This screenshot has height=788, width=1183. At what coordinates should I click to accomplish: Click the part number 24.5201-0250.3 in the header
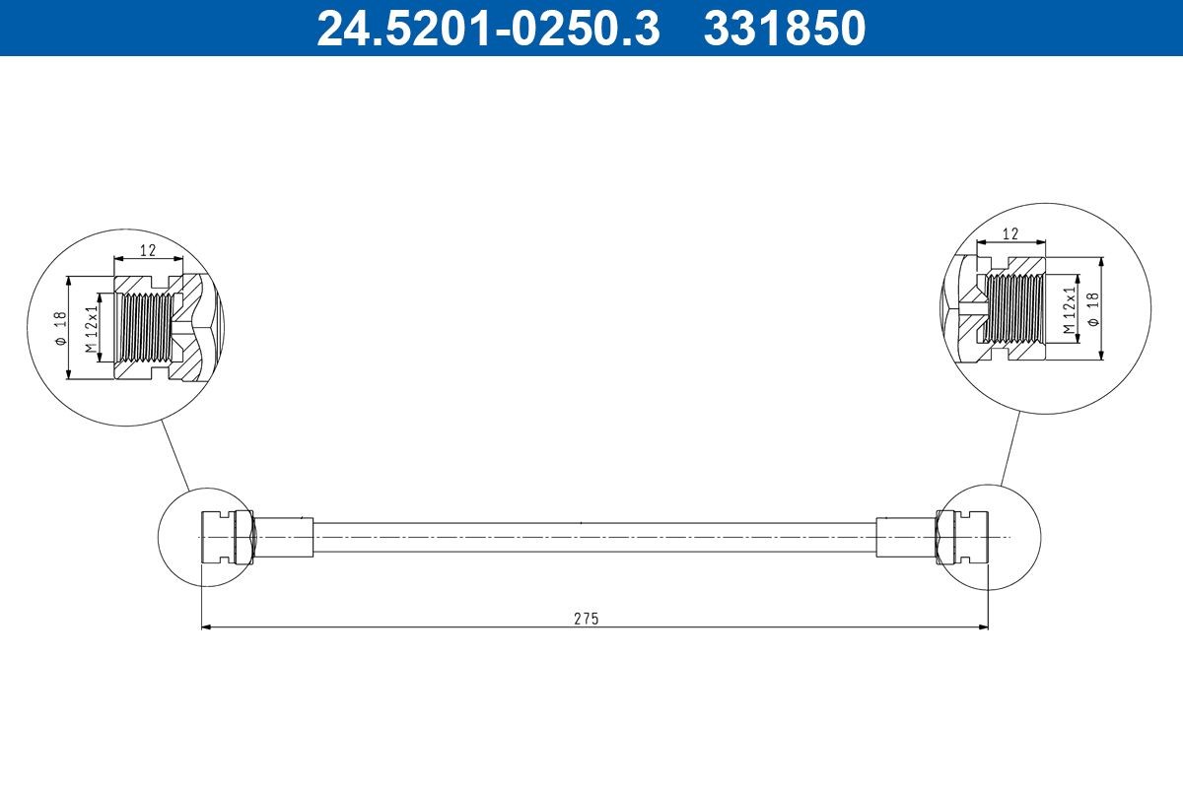pyautogui.click(x=487, y=29)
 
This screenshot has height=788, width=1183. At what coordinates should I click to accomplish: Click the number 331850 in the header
pyautogui.click(x=784, y=29)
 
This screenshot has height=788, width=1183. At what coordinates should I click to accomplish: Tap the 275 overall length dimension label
pyautogui.click(x=587, y=619)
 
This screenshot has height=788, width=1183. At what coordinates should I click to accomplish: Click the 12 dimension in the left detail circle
pyautogui.click(x=148, y=250)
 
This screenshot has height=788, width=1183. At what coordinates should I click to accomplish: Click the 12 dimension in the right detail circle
pyautogui.click(x=1009, y=234)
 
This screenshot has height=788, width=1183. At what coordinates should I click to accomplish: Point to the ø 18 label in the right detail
pyautogui.click(x=1093, y=309)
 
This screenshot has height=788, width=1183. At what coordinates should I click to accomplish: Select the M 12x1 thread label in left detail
pyautogui.click(x=91, y=329)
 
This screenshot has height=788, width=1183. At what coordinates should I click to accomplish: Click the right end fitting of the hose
pyautogui.click(x=962, y=537)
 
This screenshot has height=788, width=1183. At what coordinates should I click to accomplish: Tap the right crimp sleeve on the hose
pyautogui.click(x=904, y=537)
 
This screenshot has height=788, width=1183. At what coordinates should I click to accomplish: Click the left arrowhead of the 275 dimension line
pyautogui.click(x=206, y=626)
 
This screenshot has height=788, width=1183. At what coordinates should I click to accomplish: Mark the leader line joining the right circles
pyautogui.click(x=1009, y=448)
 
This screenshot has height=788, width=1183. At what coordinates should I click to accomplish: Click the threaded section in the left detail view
pyautogui.click(x=144, y=328)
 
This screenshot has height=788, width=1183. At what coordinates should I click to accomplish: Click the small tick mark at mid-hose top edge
pyautogui.click(x=582, y=522)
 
